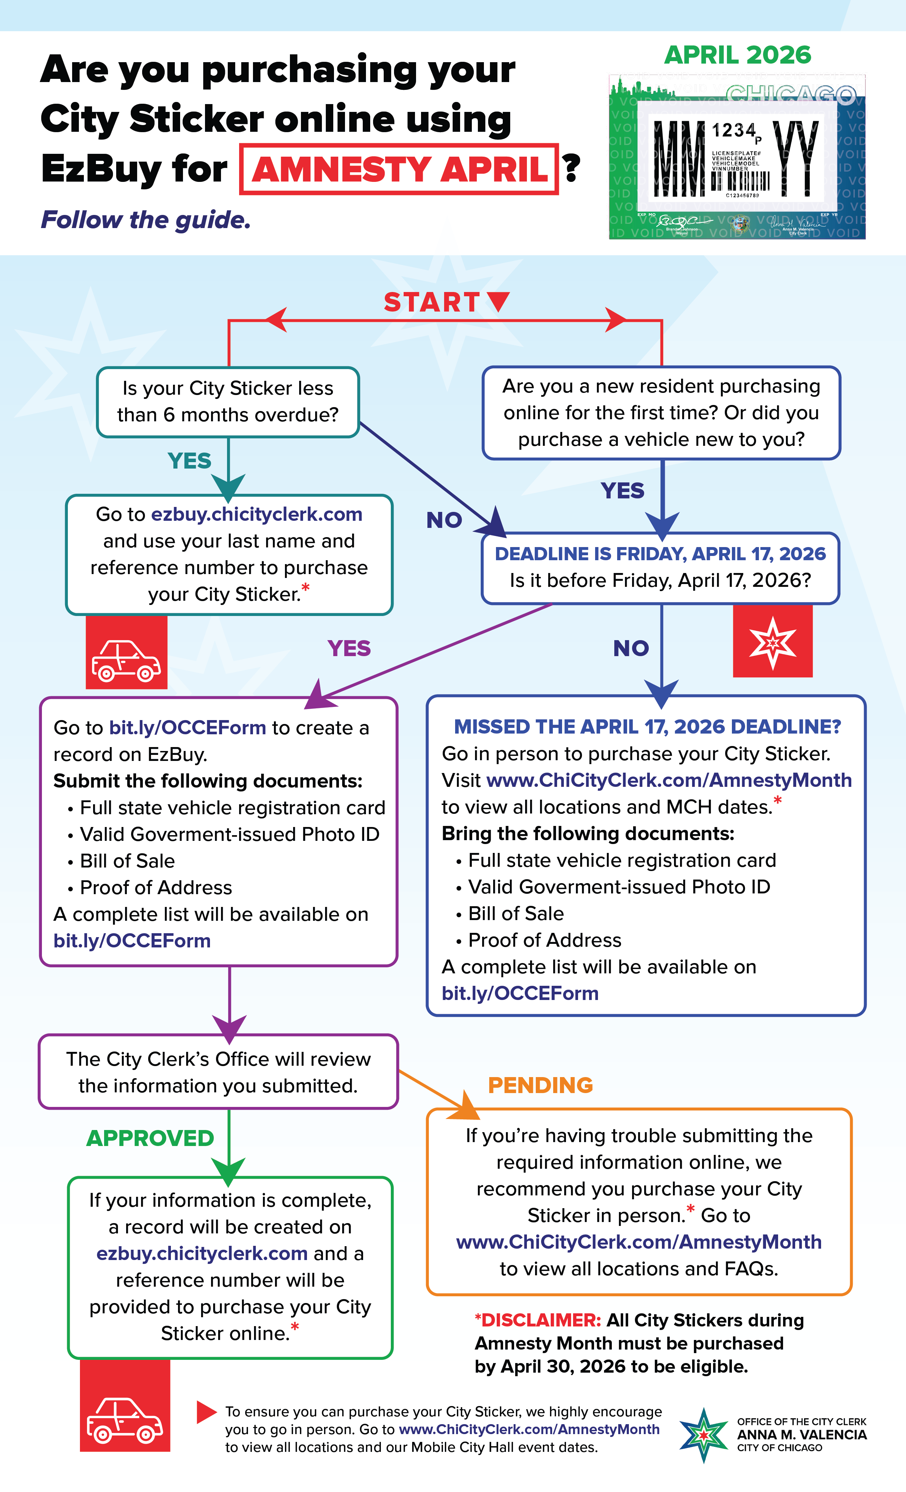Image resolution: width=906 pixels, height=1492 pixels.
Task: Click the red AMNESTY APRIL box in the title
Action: (x=399, y=169)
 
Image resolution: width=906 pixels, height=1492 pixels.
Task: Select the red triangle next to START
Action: (x=498, y=300)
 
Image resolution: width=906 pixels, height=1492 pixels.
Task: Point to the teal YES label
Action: (x=190, y=461)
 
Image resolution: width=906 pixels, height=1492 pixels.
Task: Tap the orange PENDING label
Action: (x=540, y=1085)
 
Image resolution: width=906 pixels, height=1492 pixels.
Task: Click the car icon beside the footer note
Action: (x=125, y=1419)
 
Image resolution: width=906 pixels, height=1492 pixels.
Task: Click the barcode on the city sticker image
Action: (x=740, y=181)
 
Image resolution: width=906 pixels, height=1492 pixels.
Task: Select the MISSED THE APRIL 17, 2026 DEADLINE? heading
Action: (x=647, y=726)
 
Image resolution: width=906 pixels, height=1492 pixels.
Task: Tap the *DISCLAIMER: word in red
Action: (x=538, y=1320)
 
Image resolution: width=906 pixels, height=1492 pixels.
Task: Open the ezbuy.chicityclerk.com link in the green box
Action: (x=202, y=1253)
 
